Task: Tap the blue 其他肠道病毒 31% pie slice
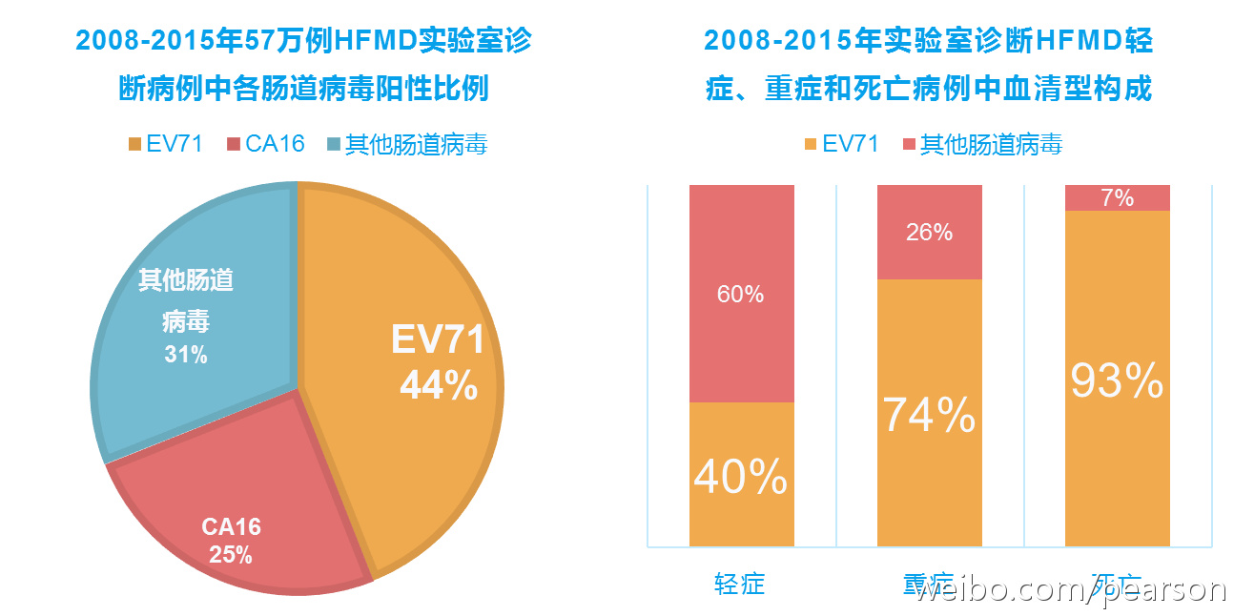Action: (191, 286)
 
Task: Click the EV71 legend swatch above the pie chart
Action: (134, 144)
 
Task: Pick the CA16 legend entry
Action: (266, 144)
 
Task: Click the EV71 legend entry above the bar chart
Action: (840, 144)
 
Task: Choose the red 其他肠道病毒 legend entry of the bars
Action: (982, 144)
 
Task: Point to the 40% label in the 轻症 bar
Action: (740, 476)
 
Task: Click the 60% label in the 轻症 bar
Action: (740, 295)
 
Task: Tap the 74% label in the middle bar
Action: (928, 415)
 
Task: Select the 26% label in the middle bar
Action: (929, 232)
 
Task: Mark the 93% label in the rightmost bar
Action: (1116, 380)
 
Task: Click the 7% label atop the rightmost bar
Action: (1117, 197)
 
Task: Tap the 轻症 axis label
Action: (740, 584)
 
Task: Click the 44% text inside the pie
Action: (439, 385)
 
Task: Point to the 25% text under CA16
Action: (231, 554)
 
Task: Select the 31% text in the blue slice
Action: (185, 355)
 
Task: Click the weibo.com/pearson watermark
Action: (1068, 589)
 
